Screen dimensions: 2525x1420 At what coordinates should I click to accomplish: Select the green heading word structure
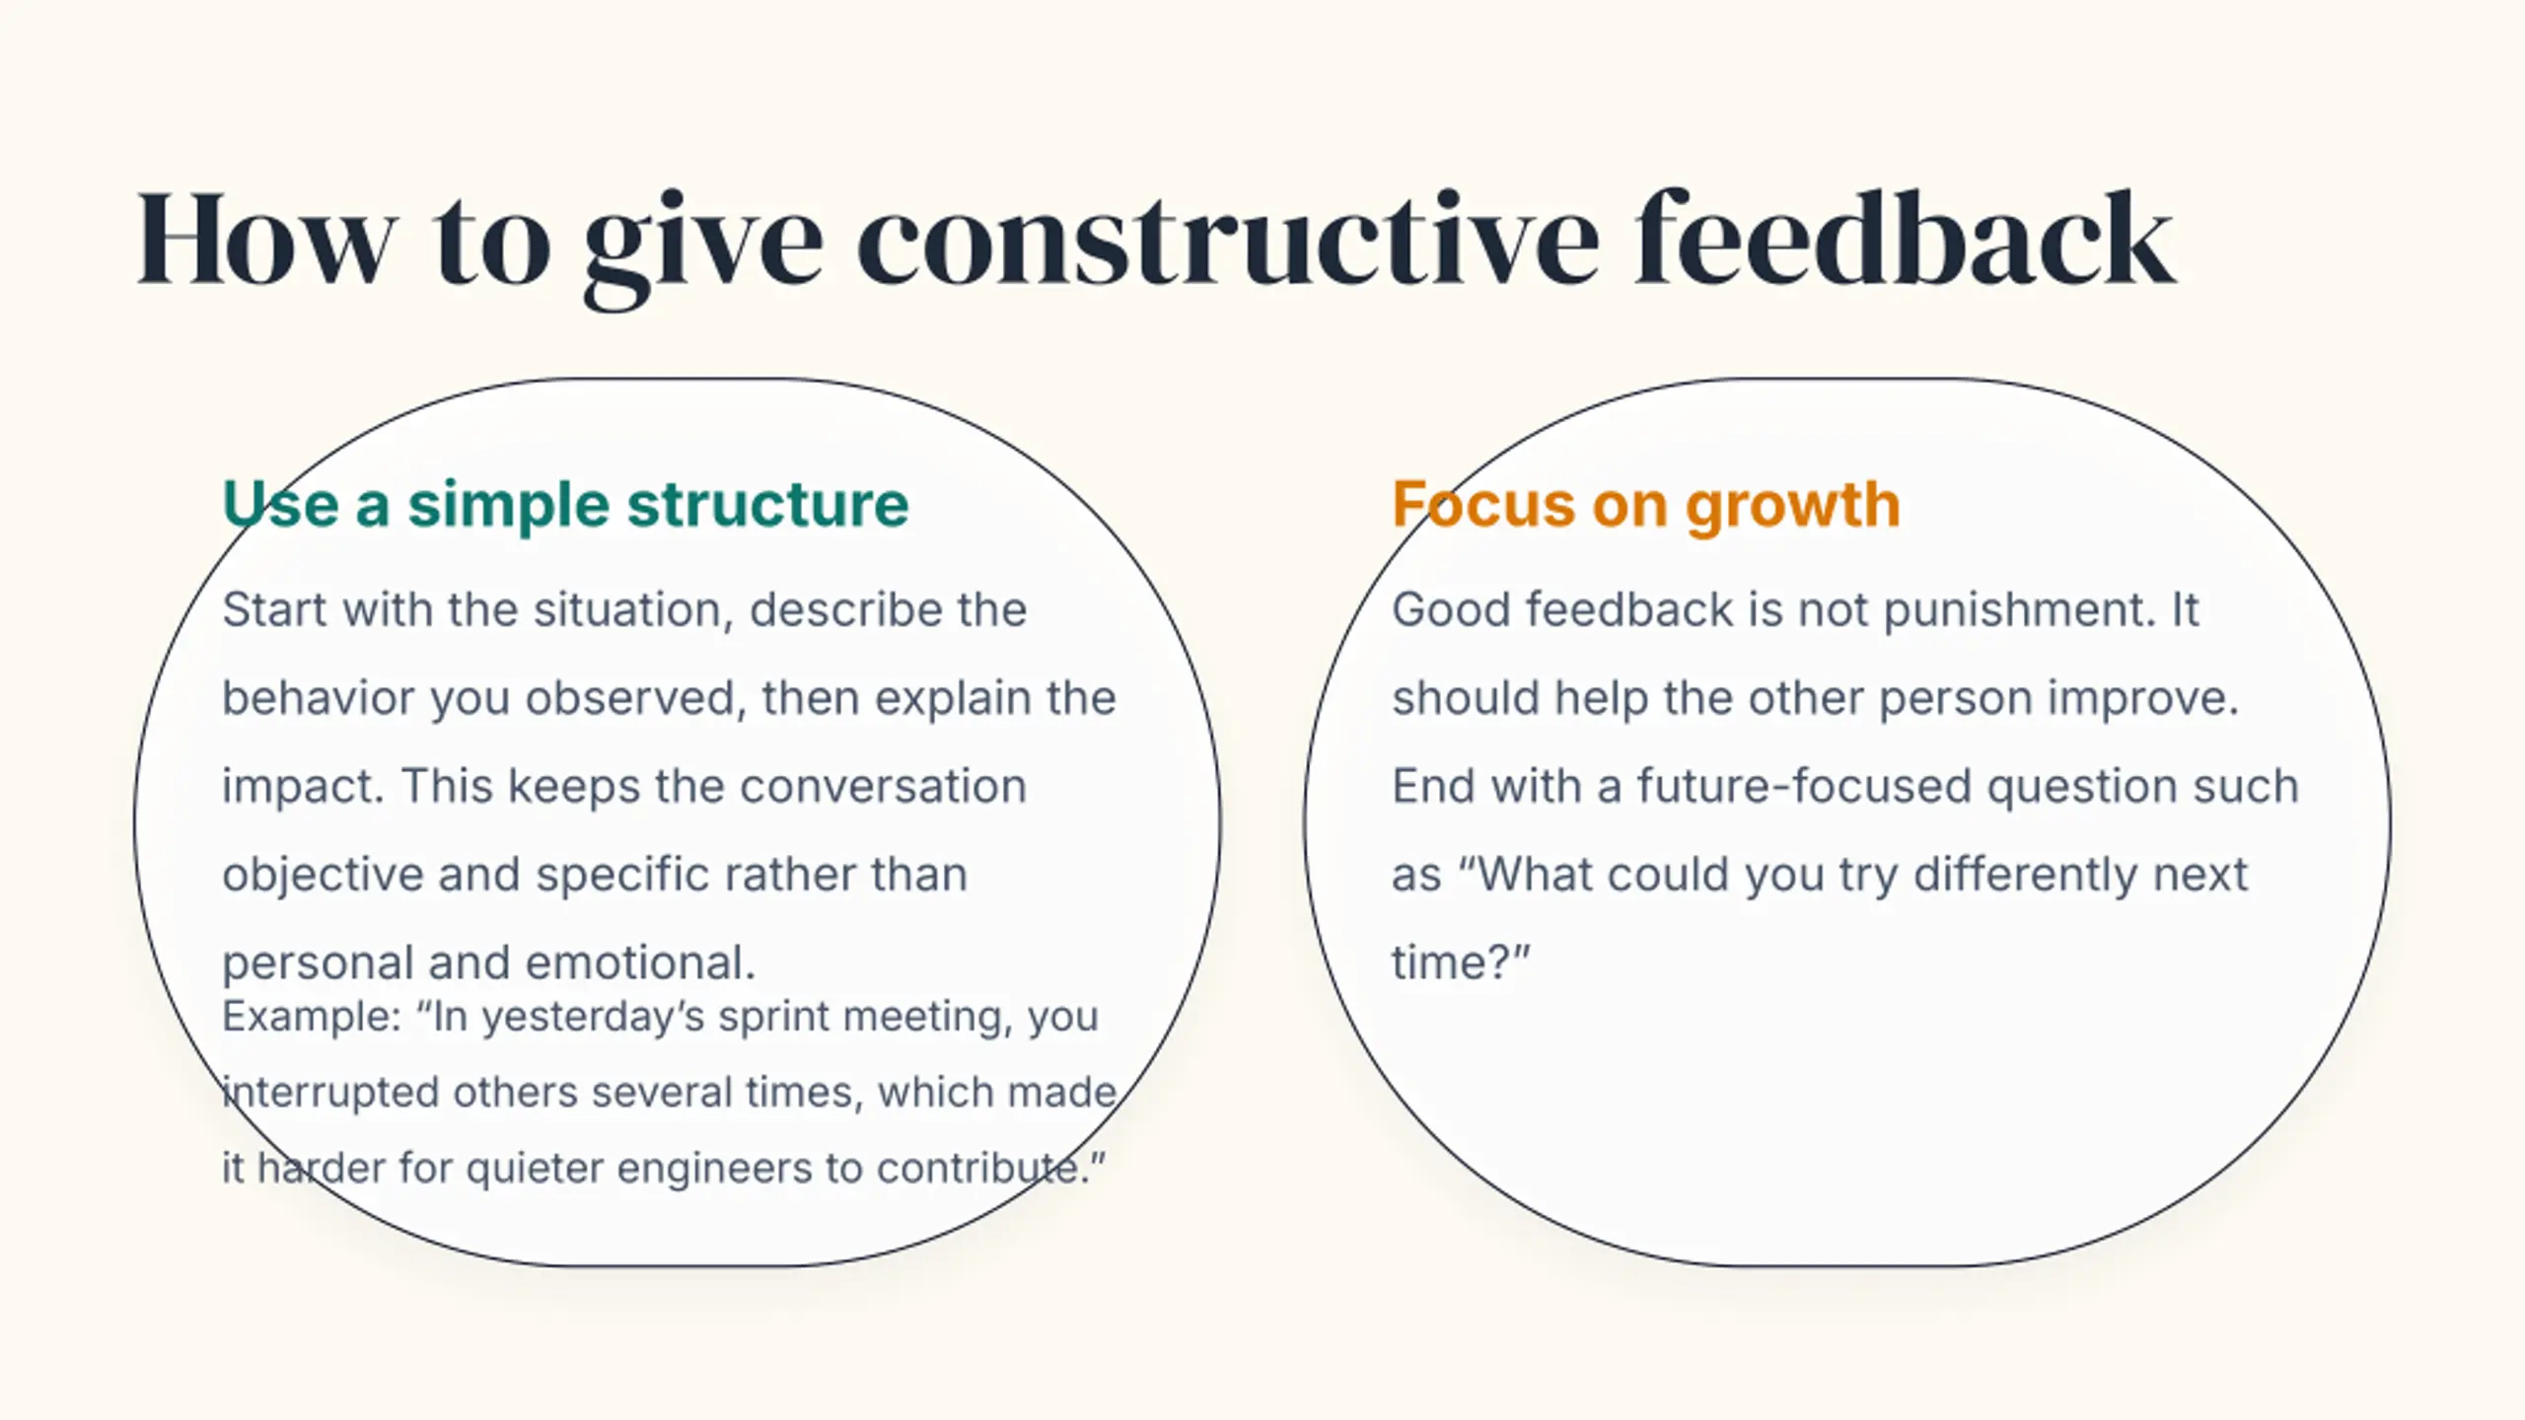(767, 505)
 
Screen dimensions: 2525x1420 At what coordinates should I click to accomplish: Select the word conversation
(883, 787)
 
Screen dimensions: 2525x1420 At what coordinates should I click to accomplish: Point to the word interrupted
(330, 1093)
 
